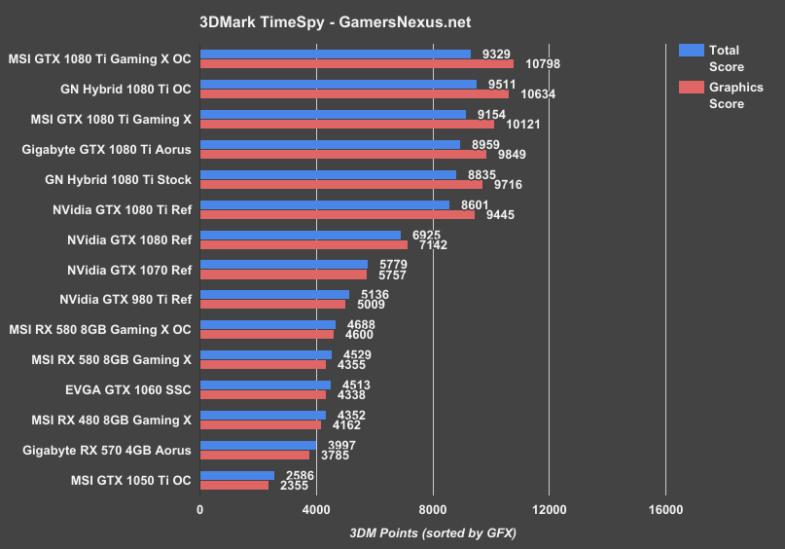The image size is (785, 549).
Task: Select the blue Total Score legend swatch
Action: click(x=691, y=51)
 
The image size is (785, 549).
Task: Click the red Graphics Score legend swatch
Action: click(x=691, y=88)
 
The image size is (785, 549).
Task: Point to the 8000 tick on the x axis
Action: click(x=433, y=508)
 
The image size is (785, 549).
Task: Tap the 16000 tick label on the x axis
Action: click(x=664, y=508)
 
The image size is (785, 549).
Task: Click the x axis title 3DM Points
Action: click(x=432, y=532)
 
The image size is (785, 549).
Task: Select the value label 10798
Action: click(x=541, y=65)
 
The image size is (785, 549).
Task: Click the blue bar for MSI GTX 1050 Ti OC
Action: click(x=237, y=475)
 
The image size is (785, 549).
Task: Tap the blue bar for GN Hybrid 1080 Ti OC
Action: click(x=338, y=84)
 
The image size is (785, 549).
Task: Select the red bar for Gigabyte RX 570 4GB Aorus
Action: click(x=255, y=455)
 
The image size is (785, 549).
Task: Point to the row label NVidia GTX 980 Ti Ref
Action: click(x=125, y=299)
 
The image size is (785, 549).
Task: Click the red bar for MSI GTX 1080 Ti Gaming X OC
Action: click(x=356, y=64)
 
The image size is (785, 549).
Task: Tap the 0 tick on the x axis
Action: click(x=200, y=508)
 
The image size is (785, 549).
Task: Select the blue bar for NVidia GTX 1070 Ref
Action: click(x=283, y=264)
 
